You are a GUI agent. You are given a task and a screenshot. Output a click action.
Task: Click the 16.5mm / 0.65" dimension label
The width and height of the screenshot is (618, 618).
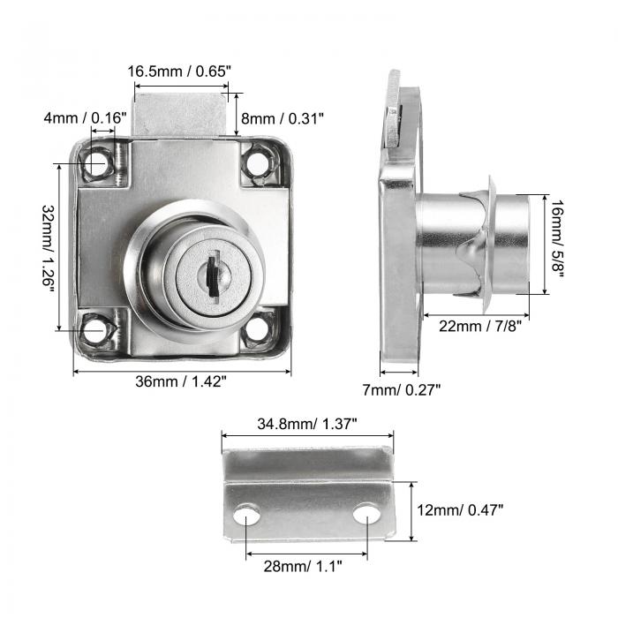pos(181,71)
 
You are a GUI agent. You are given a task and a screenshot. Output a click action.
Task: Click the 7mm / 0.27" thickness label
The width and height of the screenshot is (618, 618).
pos(402,388)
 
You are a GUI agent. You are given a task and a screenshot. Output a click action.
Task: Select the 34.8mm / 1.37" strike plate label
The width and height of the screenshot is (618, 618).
pos(308,424)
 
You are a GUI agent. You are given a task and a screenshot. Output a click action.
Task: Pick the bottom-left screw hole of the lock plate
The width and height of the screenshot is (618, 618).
pos(95,332)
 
